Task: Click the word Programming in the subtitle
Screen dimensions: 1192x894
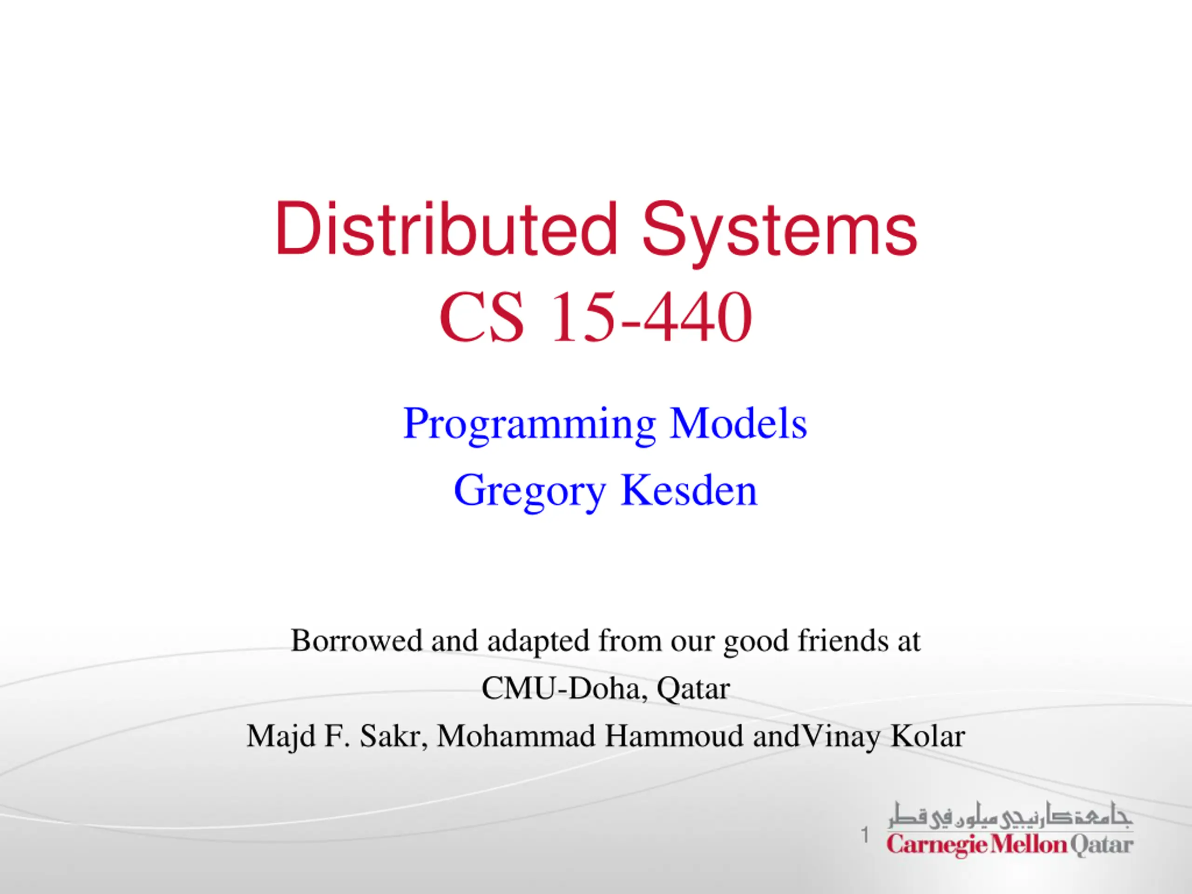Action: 530,425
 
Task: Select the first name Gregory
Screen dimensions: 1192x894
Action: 530,491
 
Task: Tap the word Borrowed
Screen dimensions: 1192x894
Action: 357,640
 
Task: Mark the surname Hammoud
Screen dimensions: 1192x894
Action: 674,736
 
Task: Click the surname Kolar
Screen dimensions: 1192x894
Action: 928,736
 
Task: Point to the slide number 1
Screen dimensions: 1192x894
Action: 865,835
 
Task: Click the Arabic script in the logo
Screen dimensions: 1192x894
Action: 1010,816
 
